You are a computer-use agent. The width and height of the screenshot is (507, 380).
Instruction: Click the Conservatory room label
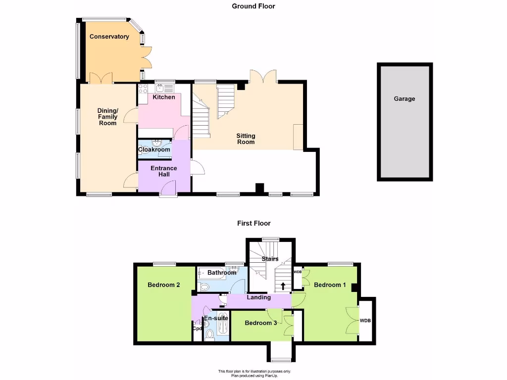tap(109, 37)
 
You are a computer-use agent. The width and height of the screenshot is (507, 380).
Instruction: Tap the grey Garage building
tap(405, 121)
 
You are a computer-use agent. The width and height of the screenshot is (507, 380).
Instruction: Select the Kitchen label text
tap(163, 97)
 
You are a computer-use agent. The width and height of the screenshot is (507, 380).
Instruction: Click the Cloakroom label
tap(154, 149)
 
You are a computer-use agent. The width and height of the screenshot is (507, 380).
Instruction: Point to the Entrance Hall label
tap(163, 172)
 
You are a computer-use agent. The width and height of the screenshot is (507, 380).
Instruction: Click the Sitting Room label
tap(246, 139)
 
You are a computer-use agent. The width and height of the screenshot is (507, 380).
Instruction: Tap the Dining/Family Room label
tap(107, 117)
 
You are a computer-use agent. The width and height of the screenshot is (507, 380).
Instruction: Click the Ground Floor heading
tap(253, 6)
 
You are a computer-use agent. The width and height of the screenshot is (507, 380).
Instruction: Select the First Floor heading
tap(253, 224)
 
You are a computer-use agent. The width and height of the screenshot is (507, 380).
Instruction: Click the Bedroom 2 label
tap(163, 285)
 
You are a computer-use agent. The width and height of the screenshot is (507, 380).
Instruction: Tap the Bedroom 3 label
tap(261, 323)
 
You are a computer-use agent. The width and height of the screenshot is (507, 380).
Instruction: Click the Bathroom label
tap(221, 273)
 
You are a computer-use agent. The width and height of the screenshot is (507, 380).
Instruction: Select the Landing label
tap(258, 297)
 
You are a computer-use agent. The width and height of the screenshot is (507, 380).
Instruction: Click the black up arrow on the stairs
tap(283, 285)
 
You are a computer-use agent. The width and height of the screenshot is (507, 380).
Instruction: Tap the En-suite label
tap(216, 318)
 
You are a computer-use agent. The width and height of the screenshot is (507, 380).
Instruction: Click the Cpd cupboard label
tap(197, 329)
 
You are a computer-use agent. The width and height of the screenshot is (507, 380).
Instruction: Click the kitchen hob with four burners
tap(143, 89)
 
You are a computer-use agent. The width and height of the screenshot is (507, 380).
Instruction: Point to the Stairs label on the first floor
tap(270, 259)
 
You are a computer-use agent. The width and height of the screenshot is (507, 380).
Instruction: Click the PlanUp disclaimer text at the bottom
tap(254, 374)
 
